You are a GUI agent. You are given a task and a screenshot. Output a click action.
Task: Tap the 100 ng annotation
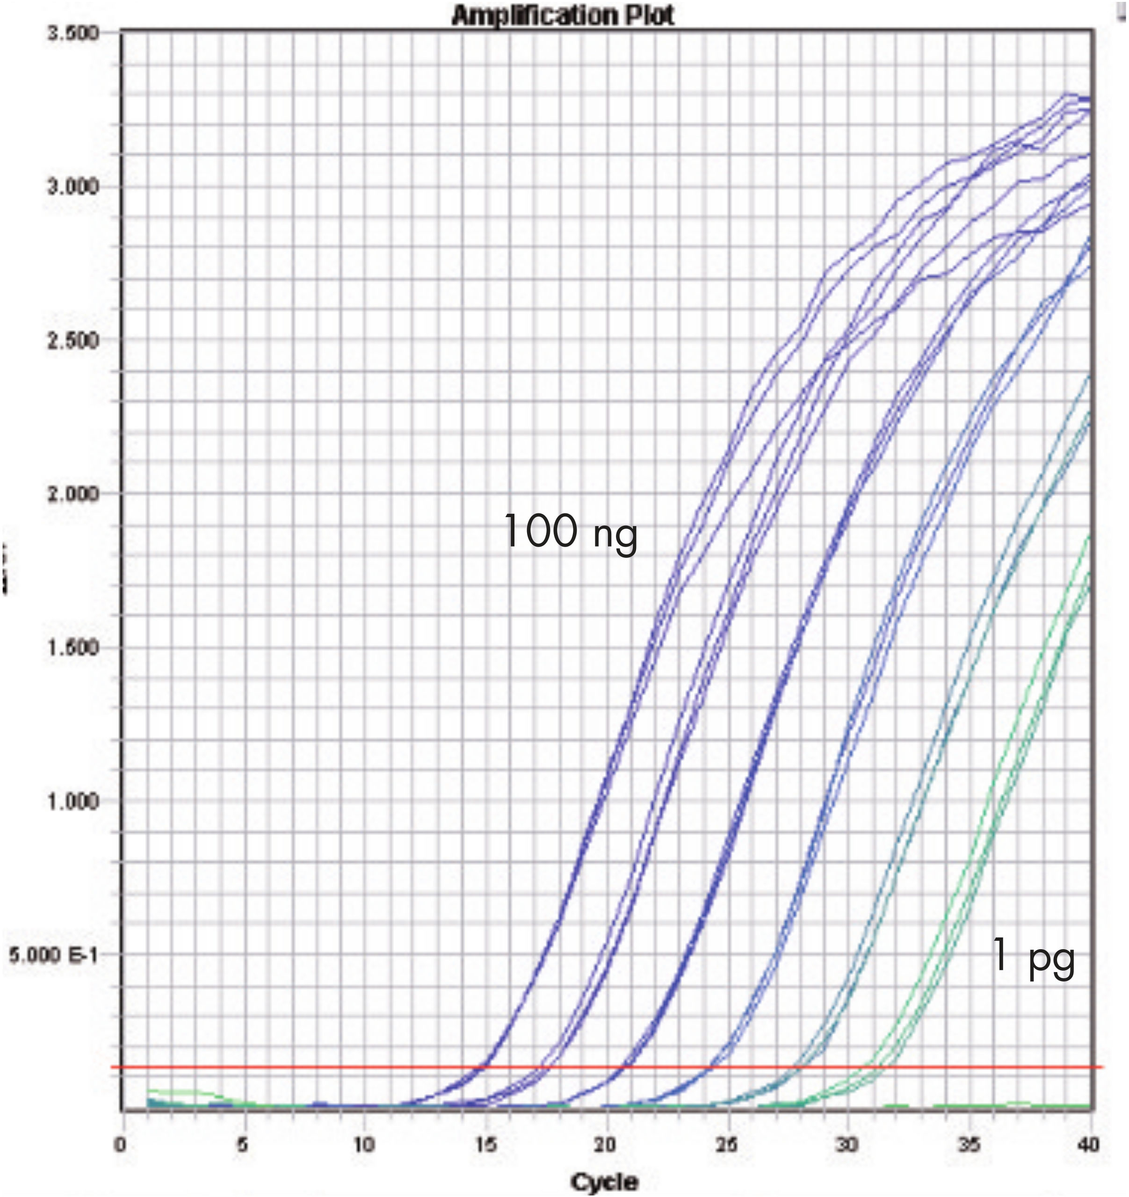(x=570, y=532)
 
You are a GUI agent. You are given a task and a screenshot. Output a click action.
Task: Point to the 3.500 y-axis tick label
(x=72, y=33)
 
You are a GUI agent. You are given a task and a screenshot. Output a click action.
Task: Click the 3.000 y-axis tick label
(x=72, y=187)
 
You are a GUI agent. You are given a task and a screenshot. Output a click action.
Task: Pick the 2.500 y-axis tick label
(x=72, y=341)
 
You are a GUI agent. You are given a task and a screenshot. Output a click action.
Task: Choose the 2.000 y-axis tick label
(x=72, y=494)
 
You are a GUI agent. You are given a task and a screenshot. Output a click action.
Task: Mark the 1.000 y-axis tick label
(x=72, y=802)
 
